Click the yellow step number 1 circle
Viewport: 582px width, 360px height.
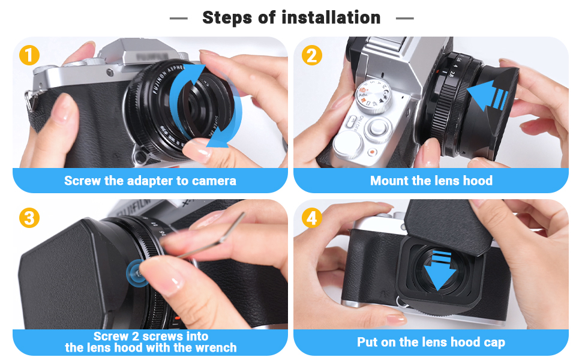click(x=29, y=55)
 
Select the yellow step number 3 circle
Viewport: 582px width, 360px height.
click(x=29, y=217)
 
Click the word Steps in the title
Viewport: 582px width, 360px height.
click(x=228, y=18)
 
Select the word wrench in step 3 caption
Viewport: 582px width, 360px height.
click(x=215, y=347)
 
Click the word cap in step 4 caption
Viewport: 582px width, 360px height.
click(x=494, y=343)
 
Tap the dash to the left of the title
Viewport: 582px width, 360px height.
click(x=179, y=19)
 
